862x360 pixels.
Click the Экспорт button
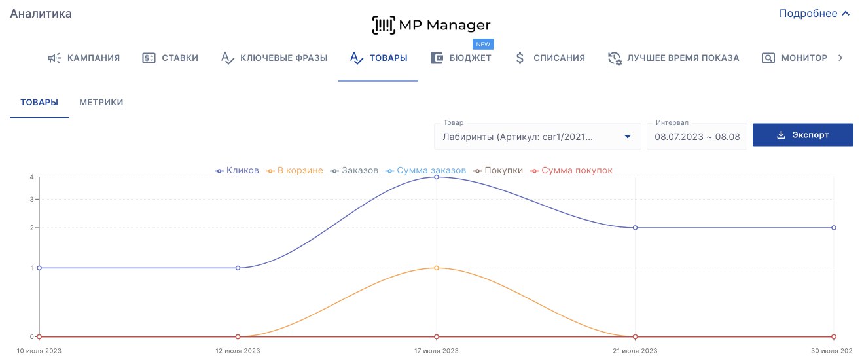point(802,135)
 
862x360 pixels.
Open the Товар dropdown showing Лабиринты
point(537,137)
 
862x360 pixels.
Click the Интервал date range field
point(696,137)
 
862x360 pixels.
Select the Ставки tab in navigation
point(170,58)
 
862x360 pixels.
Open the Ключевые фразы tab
point(274,58)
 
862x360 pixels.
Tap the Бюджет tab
point(461,58)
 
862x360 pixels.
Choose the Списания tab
point(550,58)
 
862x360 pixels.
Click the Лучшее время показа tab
point(673,58)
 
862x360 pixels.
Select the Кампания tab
point(84,58)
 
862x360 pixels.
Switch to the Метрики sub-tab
point(101,102)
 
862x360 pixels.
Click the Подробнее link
point(814,14)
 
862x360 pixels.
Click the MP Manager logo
point(431,26)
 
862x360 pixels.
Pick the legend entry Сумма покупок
point(571,171)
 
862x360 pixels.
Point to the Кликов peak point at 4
point(437,177)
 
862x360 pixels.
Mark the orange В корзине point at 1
point(437,268)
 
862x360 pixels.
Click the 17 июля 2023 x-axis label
point(437,351)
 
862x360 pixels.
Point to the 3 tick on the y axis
point(31,199)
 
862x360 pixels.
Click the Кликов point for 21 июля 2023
point(635,228)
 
